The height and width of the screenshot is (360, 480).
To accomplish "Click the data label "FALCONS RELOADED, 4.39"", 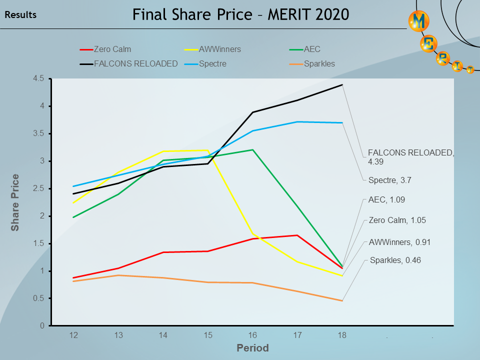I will click(410, 157).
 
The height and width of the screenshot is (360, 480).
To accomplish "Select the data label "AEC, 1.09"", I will click(386, 199).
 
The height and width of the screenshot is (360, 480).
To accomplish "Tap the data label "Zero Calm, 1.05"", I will click(397, 220).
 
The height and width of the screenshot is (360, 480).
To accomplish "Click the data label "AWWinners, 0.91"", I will click(399, 242).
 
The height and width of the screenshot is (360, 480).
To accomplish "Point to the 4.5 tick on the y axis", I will click(39, 78).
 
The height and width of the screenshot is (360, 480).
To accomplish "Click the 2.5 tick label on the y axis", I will click(39, 188).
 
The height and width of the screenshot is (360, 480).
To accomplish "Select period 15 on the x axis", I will click(208, 335).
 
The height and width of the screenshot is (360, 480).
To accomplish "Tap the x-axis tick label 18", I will click(342, 335).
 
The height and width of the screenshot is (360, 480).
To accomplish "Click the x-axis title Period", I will click(252, 348).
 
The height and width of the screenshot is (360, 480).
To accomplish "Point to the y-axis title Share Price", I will click(15, 202).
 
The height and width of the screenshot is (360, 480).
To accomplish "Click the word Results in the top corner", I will click(20, 15).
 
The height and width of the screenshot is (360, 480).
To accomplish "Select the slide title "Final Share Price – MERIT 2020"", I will click(240, 14).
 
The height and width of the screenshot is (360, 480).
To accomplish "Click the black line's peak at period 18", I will click(342, 85).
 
